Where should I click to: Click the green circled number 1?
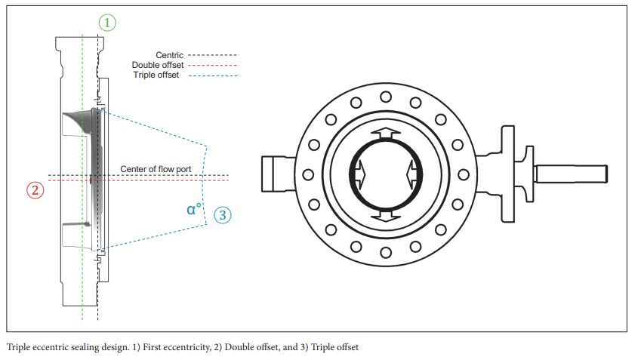[x=107, y=23]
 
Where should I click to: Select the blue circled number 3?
[x=222, y=215]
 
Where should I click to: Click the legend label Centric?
[x=168, y=55]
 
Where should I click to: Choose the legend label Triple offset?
[x=156, y=76]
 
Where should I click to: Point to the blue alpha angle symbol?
[x=194, y=209]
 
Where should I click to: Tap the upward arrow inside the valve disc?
[x=385, y=134]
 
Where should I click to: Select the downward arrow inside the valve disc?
[x=385, y=216]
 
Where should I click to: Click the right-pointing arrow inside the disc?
[x=358, y=174]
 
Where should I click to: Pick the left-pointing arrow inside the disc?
[x=412, y=174]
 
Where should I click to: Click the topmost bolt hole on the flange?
[x=385, y=97]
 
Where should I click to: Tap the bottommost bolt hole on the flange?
[x=385, y=252]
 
